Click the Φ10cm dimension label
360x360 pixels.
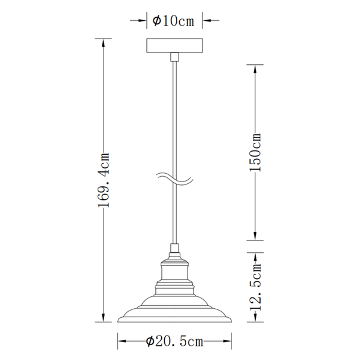click(173, 21)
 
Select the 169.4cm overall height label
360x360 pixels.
click(104, 180)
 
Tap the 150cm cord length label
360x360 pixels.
click(255, 152)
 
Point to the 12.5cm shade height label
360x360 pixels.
click(255, 287)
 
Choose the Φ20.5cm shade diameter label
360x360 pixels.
click(175, 342)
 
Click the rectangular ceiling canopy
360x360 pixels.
click(175, 46)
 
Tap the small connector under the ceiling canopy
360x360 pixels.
click(175, 57)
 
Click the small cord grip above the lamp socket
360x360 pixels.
click(175, 248)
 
